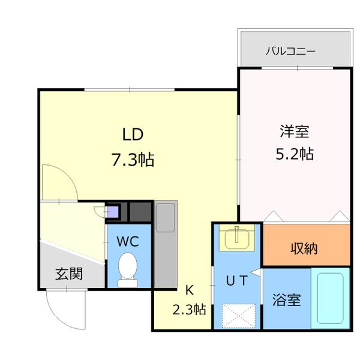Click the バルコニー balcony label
pos(290,50)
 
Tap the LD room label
pos(133,133)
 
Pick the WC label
pos(128,242)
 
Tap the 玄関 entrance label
pos(70,274)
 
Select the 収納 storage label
pos(305,247)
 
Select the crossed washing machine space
pos(238,316)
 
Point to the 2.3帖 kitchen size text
pos(190,310)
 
